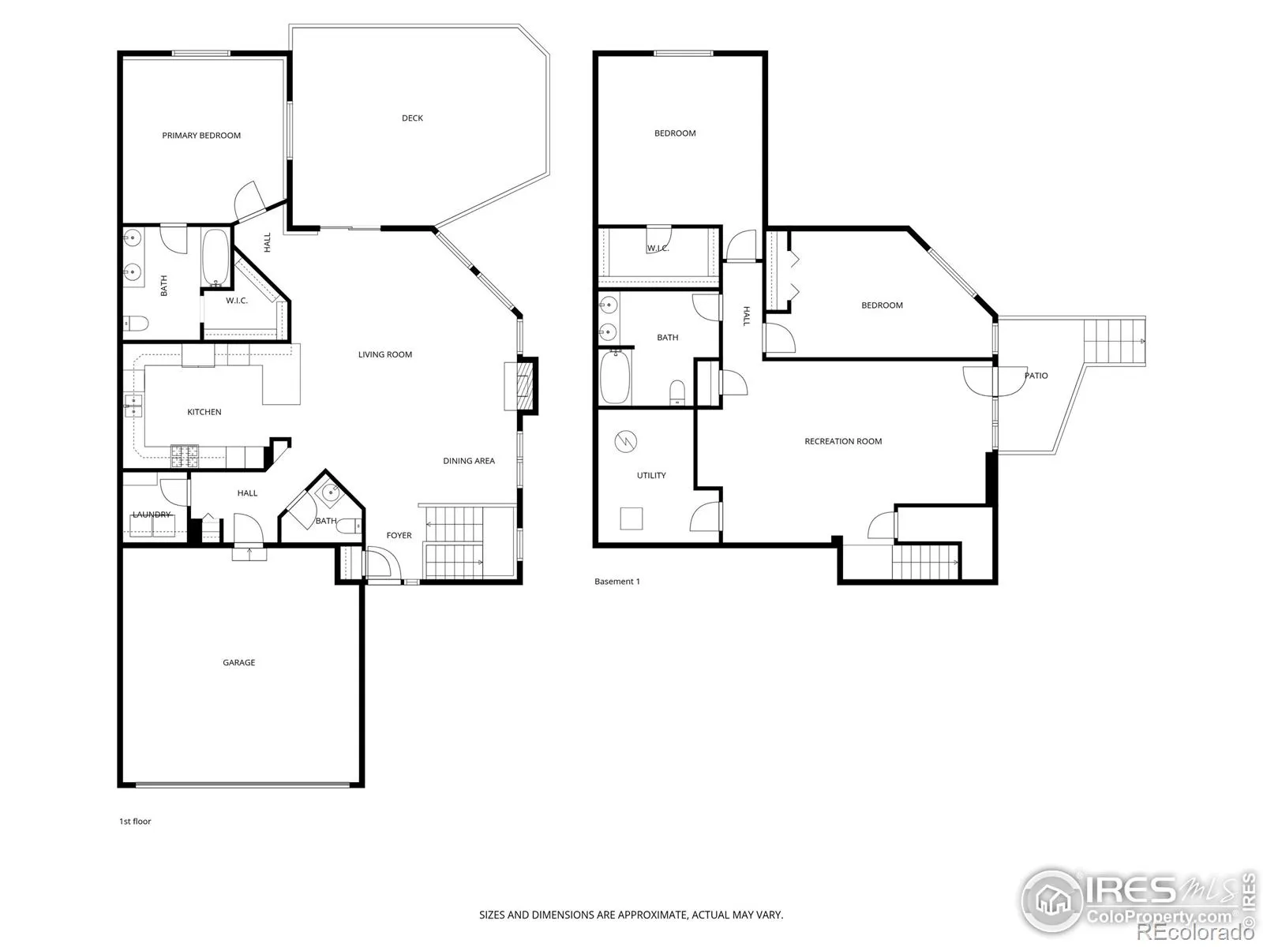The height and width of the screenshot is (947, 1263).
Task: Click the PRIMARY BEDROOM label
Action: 201,136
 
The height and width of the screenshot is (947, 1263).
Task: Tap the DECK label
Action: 412,118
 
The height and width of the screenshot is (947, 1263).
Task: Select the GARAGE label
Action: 239,662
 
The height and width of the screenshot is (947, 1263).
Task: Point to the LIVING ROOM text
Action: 385,355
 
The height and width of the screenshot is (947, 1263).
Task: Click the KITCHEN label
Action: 204,412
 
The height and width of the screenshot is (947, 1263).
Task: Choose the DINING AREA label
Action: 469,461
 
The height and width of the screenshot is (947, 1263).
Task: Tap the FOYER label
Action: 399,535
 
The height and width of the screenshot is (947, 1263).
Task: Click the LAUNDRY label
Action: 152,515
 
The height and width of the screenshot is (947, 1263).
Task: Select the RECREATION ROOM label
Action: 843,442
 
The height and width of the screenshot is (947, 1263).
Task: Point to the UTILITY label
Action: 651,476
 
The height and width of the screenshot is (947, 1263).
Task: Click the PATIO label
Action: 1036,376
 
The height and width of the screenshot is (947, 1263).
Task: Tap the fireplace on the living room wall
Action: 521,385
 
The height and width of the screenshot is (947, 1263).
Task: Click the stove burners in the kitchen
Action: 185,457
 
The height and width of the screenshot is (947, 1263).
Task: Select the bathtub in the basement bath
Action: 615,376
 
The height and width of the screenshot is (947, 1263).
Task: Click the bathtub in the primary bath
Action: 215,258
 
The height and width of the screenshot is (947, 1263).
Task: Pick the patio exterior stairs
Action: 1114,341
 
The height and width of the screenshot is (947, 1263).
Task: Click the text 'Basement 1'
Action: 617,582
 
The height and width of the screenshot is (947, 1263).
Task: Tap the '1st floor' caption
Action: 135,822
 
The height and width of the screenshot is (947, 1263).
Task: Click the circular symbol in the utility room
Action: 625,442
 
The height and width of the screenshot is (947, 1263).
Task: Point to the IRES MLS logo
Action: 1137,904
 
